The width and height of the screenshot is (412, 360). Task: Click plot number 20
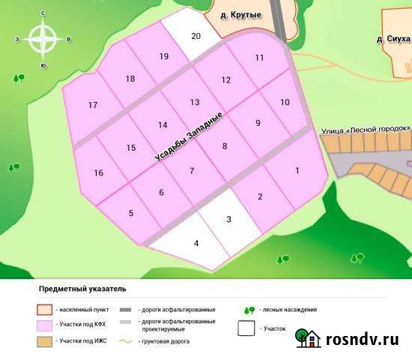(196, 36)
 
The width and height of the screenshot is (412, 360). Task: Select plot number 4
(196, 243)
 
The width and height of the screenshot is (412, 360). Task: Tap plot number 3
(228, 218)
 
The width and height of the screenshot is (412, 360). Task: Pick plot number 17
(93, 105)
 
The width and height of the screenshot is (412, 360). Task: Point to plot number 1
(297, 171)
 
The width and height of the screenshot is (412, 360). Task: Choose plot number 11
(259, 58)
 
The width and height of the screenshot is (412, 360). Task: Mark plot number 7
(192, 171)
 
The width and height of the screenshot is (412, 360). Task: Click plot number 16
(98, 173)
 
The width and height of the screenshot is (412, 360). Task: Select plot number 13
(195, 102)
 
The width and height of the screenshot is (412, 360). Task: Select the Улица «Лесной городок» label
(366, 129)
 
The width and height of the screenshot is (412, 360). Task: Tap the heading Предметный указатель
(82, 288)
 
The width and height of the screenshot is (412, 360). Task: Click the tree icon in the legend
(249, 309)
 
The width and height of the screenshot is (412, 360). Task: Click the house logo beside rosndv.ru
(309, 339)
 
